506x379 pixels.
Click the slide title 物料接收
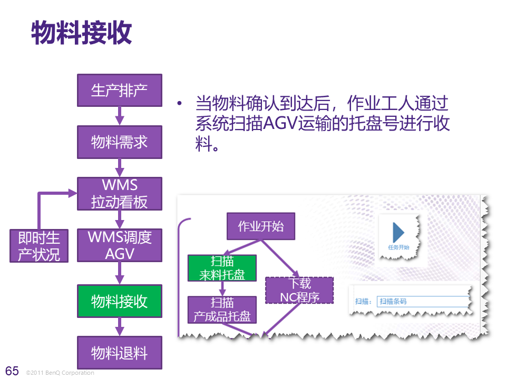click(82, 33)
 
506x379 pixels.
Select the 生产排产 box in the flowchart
click(120, 90)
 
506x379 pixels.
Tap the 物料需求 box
click(120, 142)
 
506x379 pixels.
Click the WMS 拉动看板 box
click(120, 194)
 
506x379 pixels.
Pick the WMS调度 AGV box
click(120, 245)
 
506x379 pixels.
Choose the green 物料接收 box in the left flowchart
click(120, 301)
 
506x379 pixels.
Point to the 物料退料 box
click(120, 353)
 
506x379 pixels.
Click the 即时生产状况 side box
click(39, 245)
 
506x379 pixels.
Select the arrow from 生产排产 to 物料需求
click(120, 115)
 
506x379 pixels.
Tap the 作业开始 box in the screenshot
click(260, 226)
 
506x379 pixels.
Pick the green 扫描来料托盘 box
click(222, 268)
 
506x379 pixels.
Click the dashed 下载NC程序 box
click(299, 290)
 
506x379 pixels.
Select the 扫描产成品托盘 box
click(222, 310)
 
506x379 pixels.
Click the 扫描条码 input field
click(422, 302)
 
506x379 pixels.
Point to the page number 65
click(12, 371)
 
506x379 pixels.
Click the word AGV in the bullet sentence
click(279, 124)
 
